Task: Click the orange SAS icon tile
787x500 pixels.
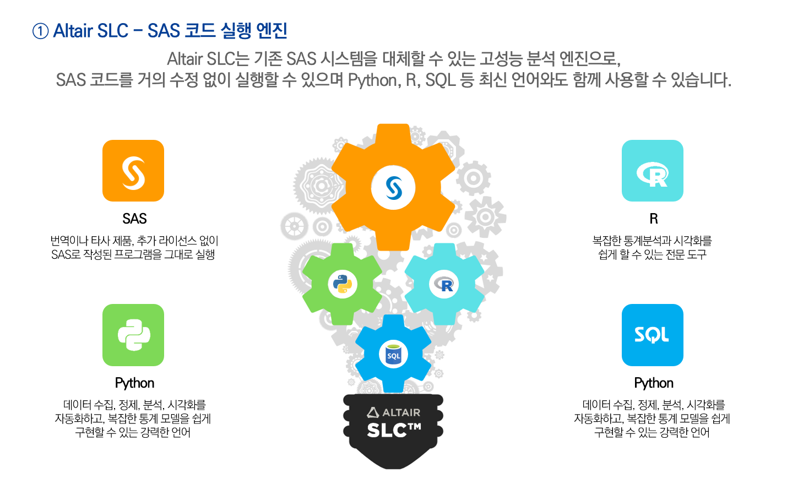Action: (x=133, y=171)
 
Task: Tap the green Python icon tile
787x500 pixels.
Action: (x=133, y=335)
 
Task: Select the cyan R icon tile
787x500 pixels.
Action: (x=652, y=171)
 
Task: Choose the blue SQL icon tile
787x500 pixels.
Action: (x=652, y=335)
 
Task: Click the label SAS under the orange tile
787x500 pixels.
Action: (x=134, y=219)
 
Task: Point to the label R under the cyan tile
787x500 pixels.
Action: (x=654, y=219)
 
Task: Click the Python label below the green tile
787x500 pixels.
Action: (x=134, y=383)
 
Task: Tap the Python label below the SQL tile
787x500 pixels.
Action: (x=654, y=383)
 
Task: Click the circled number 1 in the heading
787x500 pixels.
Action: (x=40, y=31)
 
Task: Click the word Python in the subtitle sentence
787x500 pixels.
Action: (x=373, y=80)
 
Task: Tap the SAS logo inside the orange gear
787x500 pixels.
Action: (x=393, y=188)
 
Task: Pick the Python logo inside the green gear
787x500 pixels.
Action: (x=343, y=284)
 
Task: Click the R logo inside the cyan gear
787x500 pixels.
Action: (x=444, y=284)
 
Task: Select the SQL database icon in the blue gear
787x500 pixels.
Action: (x=393, y=355)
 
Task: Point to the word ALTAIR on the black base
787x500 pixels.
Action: (x=401, y=412)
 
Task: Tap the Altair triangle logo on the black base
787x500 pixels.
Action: (x=373, y=412)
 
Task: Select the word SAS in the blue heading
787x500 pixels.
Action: (x=164, y=31)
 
